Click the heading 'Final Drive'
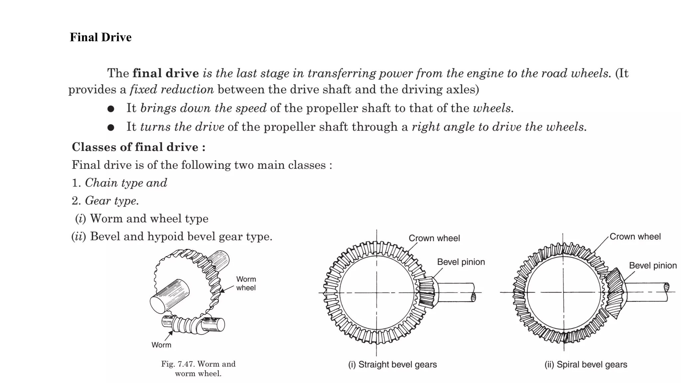point(100,37)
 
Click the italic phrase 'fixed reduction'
point(172,89)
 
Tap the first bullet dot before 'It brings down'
point(111,109)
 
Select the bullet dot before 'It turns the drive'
point(111,127)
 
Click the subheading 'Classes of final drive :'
point(138,147)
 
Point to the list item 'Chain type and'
point(126,183)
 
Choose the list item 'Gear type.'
point(112,201)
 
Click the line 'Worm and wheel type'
point(149,219)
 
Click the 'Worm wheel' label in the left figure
point(246,283)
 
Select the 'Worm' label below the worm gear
point(161,345)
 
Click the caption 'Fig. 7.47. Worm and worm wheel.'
point(198,368)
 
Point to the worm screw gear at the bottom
point(186,324)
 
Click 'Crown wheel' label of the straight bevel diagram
point(434,238)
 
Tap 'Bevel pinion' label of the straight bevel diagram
point(461,262)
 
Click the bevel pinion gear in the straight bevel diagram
point(427,292)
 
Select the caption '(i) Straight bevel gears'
point(392,364)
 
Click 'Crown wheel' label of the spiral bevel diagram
point(635,237)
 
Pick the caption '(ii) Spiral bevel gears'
point(586,364)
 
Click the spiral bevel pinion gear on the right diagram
point(615,293)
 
